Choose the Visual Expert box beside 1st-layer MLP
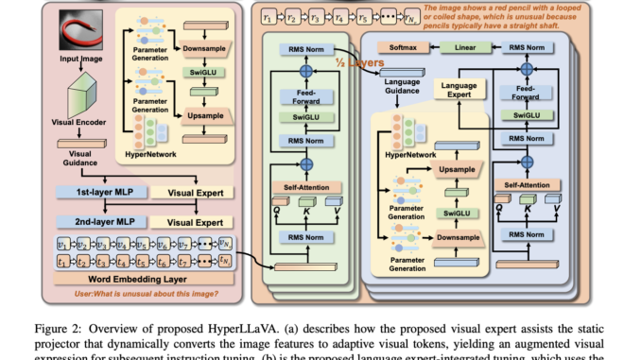pos(195,194)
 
